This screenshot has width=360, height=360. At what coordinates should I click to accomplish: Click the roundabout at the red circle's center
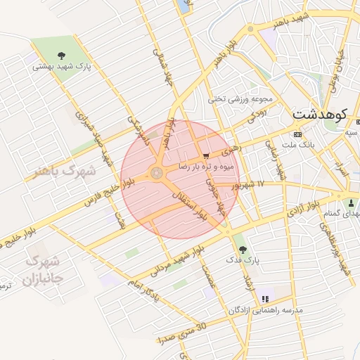(156, 172)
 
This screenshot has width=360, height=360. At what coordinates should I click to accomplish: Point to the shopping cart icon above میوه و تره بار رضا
(205, 156)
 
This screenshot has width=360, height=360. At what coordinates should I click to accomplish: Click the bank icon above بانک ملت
(297, 134)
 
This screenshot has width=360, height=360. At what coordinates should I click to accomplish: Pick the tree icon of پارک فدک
(243, 249)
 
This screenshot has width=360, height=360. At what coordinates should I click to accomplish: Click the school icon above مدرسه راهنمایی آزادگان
(265, 299)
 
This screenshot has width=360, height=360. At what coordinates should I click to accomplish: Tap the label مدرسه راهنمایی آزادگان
(265, 310)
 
